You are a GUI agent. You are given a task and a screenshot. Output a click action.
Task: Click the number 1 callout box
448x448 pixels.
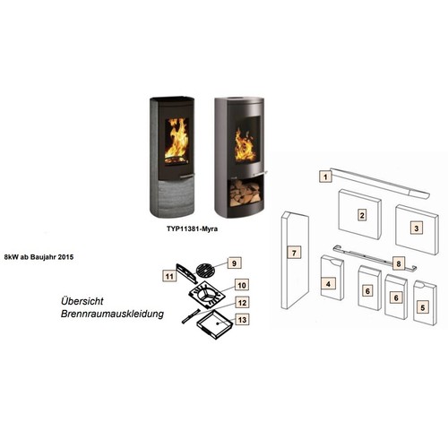pyautogui.click(x=325, y=177)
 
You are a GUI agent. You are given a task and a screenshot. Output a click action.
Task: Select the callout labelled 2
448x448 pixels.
pyautogui.click(x=362, y=215)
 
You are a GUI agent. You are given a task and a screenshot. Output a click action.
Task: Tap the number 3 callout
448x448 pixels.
pyautogui.click(x=417, y=228)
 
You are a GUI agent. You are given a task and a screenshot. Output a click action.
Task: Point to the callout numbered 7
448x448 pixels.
pyautogui.click(x=294, y=253)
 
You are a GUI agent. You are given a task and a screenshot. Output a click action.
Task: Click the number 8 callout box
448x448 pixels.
pyautogui.click(x=399, y=263)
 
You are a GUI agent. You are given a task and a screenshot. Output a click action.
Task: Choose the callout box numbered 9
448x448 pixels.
pyautogui.click(x=234, y=263)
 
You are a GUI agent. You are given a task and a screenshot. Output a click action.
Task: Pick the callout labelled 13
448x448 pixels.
pyautogui.click(x=242, y=320)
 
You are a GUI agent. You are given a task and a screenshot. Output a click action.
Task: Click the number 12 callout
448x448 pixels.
pyautogui.click(x=242, y=303)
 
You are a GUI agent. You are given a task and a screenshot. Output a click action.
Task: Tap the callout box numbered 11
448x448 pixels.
pyautogui.click(x=169, y=276)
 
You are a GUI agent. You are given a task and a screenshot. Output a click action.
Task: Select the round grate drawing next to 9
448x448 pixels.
pyautogui.click(x=206, y=270)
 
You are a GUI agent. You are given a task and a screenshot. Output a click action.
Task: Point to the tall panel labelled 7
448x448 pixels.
pyautogui.click(x=295, y=260)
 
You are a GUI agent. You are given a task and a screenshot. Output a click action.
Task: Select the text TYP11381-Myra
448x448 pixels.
pyautogui.click(x=192, y=229)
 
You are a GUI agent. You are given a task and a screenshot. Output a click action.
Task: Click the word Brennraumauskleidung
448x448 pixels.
pyautogui.click(x=112, y=314)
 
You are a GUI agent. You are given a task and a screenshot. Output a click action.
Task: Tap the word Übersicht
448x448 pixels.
pyautogui.click(x=82, y=301)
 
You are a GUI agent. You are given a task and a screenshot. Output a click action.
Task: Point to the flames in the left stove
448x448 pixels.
pyautogui.click(x=177, y=140)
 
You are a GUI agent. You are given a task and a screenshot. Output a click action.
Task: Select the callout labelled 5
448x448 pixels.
pyautogui.click(x=422, y=307)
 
